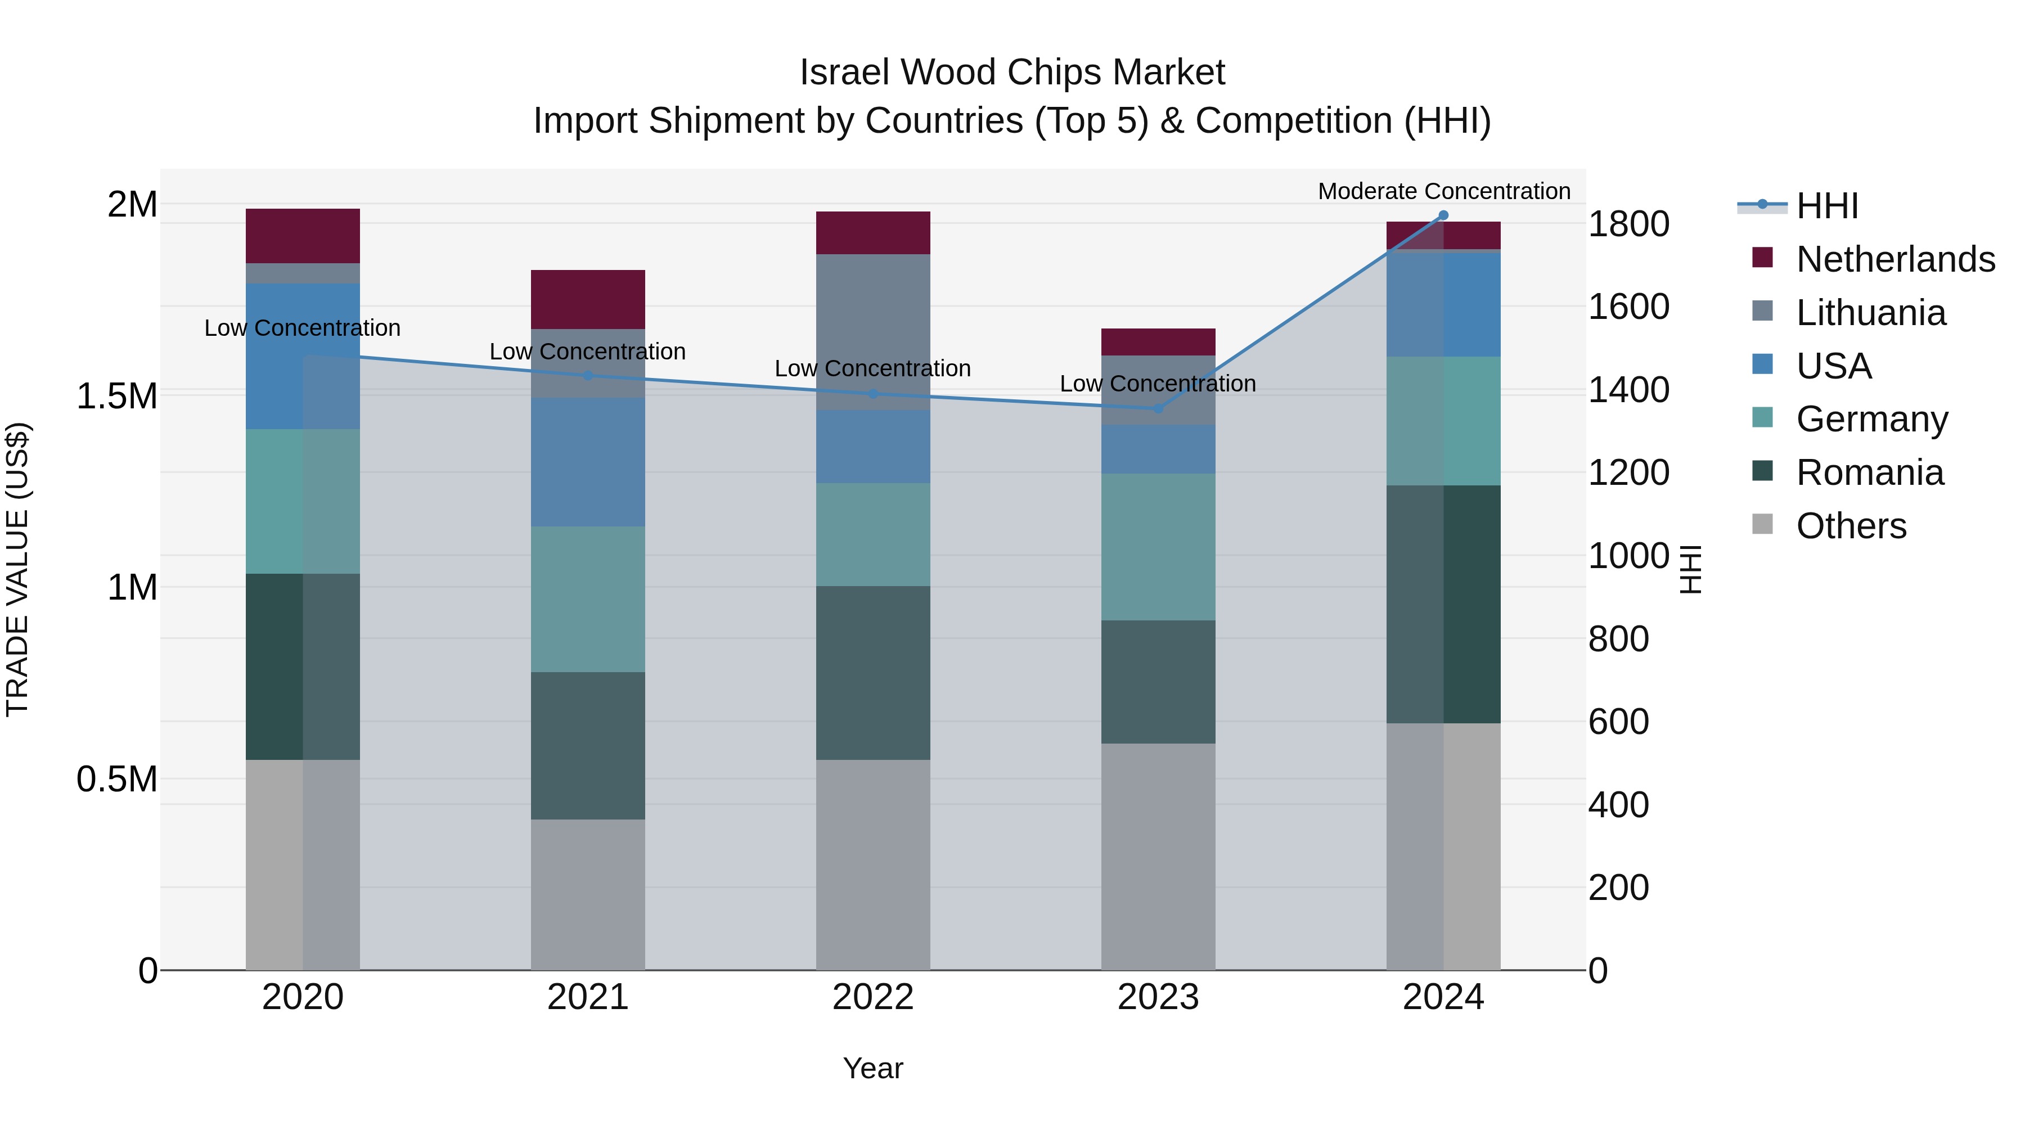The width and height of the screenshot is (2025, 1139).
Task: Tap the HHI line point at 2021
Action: point(588,376)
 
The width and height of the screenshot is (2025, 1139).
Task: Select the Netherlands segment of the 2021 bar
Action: point(588,299)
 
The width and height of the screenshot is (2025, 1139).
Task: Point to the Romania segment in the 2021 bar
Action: point(588,745)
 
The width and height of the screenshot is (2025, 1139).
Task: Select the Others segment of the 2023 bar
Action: point(1158,857)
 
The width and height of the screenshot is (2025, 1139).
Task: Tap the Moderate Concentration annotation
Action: point(1443,191)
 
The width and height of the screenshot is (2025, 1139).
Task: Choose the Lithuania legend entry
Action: point(1870,313)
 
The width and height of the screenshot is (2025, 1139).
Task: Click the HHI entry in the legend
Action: point(1827,206)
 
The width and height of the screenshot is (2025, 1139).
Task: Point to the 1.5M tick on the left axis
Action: point(116,396)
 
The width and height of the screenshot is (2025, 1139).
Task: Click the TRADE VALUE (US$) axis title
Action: point(17,569)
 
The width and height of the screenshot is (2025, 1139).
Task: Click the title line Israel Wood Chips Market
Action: point(1012,73)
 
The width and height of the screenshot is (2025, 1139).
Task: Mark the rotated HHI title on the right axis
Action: point(1691,569)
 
